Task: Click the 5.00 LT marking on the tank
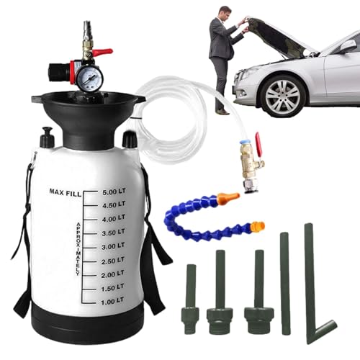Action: pyautogui.click(x=114, y=192)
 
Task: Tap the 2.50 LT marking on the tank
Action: pyautogui.click(x=112, y=261)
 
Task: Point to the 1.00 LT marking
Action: pyautogui.click(x=112, y=302)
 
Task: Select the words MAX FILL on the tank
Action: pyautogui.click(x=66, y=192)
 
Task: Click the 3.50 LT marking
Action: pyautogui.click(x=113, y=233)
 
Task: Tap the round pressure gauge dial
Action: pyautogui.click(x=90, y=78)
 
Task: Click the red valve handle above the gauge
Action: pyautogui.click(x=103, y=52)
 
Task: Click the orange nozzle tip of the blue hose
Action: pyautogui.click(x=228, y=197)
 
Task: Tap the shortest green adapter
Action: pyautogui.click(x=190, y=299)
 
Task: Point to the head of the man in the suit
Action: pyautogui.click(x=225, y=13)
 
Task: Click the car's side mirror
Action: pyautogui.click(x=348, y=46)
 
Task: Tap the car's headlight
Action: pyautogui.click(x=246, y=71)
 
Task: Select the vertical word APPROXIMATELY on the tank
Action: pyautogui.click(x=78, y=248)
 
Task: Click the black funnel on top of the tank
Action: pyautogui.click(x=88, y=114)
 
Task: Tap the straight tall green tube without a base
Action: pyautogui.click(x=286, y=283)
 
